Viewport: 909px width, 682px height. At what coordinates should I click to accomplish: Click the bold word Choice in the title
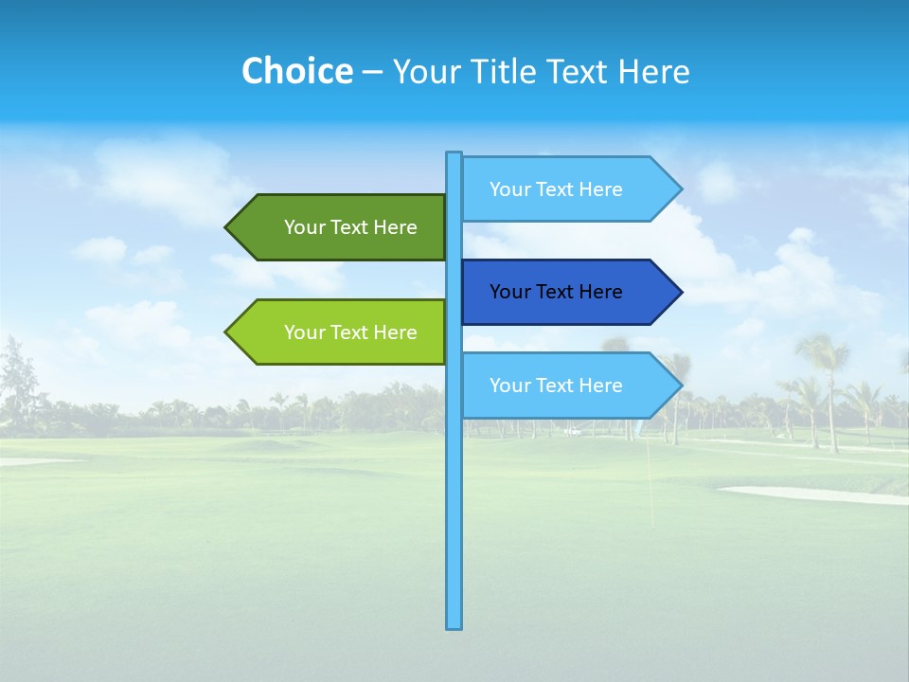pyautogui.click(x=296, y=72)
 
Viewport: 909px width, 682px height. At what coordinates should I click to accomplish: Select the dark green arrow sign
pyautogui.click(x=341, y=227)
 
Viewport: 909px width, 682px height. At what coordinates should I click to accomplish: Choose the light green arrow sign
pyautogui.click(x=341, y=332)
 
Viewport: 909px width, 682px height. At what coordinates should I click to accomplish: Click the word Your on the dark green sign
pyautogui.click(x=305, y=227)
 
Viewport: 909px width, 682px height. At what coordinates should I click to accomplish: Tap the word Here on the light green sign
pyautogui.click(x=395, y=332)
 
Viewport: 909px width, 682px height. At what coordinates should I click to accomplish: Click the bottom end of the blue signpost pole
pyautogui.click(x=454, y=624)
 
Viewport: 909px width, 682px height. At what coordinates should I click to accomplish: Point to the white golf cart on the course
pyautogui.click(x=571, y=431)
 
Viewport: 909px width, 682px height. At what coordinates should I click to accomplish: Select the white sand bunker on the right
pyautogui.click(x=814, y=494)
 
